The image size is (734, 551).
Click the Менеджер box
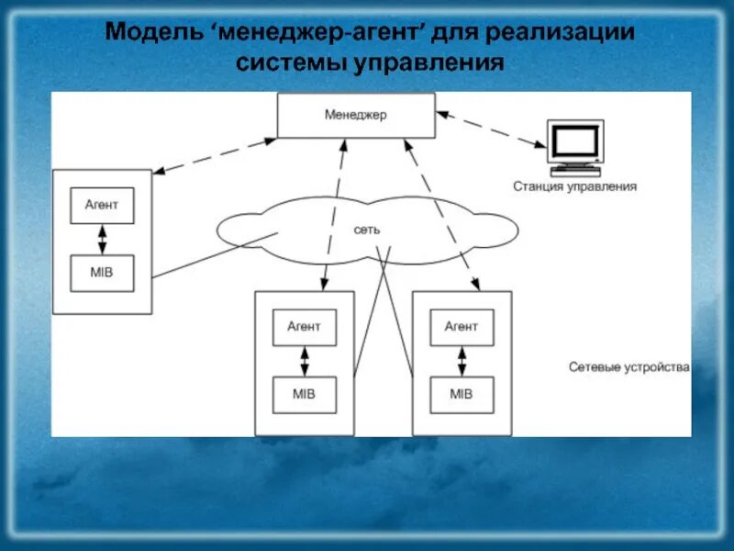[356, 115]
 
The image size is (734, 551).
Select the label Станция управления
[574, 186]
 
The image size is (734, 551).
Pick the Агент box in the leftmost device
[102, 206]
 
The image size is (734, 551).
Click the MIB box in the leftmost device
[102, 273]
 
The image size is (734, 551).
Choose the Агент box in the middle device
[305, 326]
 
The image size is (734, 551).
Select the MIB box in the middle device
[305, 394]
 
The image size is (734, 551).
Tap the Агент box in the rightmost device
[462, 326]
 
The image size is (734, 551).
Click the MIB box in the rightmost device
[462, 394]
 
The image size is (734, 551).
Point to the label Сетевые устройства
[628, 367]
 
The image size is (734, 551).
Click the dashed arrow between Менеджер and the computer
[492, 129]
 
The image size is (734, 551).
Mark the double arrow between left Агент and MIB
[102, 239]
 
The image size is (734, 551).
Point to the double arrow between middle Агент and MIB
[305, 360]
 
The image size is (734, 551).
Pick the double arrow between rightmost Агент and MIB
[462, 360]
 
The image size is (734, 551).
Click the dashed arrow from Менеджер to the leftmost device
[215, 156]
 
